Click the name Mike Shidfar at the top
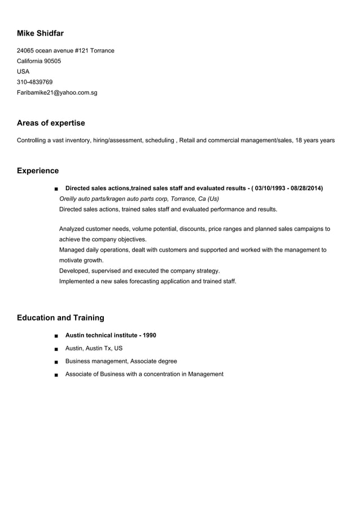40,34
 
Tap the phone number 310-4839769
34,82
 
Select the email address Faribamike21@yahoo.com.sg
57,92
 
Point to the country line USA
23,72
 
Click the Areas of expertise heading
51,123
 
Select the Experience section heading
38,170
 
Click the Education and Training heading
60,318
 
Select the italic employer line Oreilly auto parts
139,199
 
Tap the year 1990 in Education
150,335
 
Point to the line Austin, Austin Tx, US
94,348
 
